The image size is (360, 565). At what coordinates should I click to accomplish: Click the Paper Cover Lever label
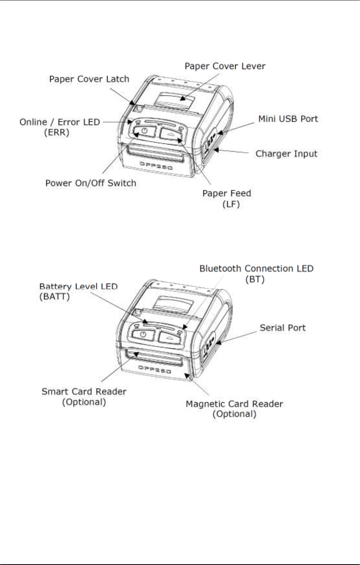[x=225, y=66]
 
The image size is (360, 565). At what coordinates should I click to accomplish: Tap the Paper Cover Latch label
[x=89, y=79]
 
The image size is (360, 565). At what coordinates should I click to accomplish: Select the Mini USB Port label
[x=288, y=119]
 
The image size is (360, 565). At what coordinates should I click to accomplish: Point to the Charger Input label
[x=286, y=154]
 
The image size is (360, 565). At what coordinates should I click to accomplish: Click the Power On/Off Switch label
[x=91, y=183]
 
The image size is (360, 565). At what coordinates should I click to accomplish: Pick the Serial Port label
[x=283, y=328]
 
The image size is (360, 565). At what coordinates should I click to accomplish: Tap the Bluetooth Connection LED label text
[x=256, y=269]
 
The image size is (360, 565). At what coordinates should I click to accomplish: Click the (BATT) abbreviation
[x=54, y=297]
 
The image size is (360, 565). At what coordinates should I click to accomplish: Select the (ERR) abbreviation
[x=57, y=133]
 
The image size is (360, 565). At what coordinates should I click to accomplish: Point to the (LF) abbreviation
[x=231, y=204]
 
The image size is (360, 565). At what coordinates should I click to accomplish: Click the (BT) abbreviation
[x=255, y=279]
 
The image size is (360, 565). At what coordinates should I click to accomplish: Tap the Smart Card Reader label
[x=84, y=392]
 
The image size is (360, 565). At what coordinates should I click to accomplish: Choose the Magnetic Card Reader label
[x=234, y=404]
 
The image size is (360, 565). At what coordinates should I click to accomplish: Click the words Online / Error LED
[x=60, y=122]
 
